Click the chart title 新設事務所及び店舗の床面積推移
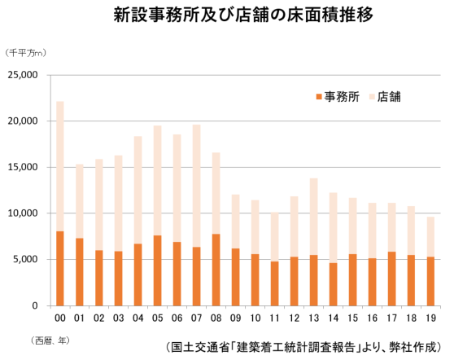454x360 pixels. point(243,15)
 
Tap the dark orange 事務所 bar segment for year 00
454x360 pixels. point(60,269)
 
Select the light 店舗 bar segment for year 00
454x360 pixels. point(60,166)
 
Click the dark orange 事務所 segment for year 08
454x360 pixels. point(216,270)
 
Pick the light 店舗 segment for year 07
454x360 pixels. point(197,186)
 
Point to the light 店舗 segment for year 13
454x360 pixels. point(313,217)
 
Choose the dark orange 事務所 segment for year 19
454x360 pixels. point(431,281)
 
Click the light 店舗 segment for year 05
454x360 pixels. point(158,181)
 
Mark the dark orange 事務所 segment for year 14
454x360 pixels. point(334,284)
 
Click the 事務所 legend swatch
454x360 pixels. point(319,97)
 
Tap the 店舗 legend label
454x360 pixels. point(389,97)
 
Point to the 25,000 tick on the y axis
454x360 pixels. point(23,75)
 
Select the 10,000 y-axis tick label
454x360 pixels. point(23,213)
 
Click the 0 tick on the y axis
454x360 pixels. point(35,305)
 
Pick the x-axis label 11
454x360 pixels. point(274,318)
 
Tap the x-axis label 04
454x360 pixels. point(138,318)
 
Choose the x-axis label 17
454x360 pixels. point(391,318)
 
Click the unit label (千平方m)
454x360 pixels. point(26,53)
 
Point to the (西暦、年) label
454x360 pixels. point(50,340)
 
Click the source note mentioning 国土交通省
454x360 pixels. point(303,347)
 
